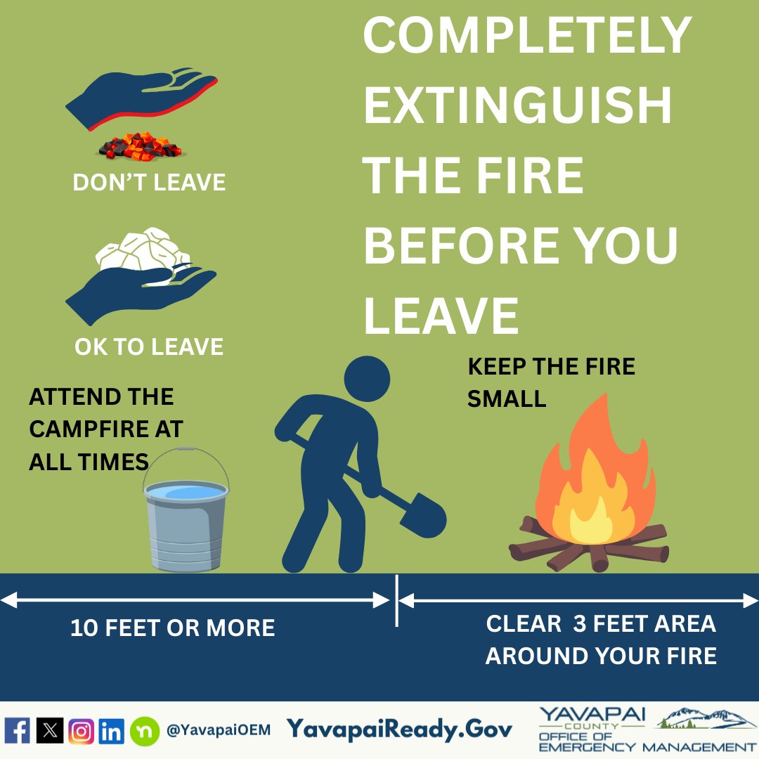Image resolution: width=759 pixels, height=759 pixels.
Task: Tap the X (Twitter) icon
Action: [49, 731]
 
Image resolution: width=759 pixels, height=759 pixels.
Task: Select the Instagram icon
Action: [82, 731]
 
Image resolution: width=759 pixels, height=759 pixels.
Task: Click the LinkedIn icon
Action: [112, 731]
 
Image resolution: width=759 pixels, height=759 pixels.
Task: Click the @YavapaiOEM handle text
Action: [218, 730]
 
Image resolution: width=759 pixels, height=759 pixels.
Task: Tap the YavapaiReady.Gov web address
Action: [399, 729]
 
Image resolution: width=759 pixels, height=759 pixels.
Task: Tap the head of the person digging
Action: [367, 379]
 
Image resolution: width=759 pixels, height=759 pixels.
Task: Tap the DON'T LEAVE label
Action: [149, 183]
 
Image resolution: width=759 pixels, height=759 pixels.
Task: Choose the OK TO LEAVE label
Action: [149, 346]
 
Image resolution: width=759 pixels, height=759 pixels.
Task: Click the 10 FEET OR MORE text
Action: [172, 628]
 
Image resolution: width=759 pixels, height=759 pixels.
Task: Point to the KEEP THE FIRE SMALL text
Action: [551, 382]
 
